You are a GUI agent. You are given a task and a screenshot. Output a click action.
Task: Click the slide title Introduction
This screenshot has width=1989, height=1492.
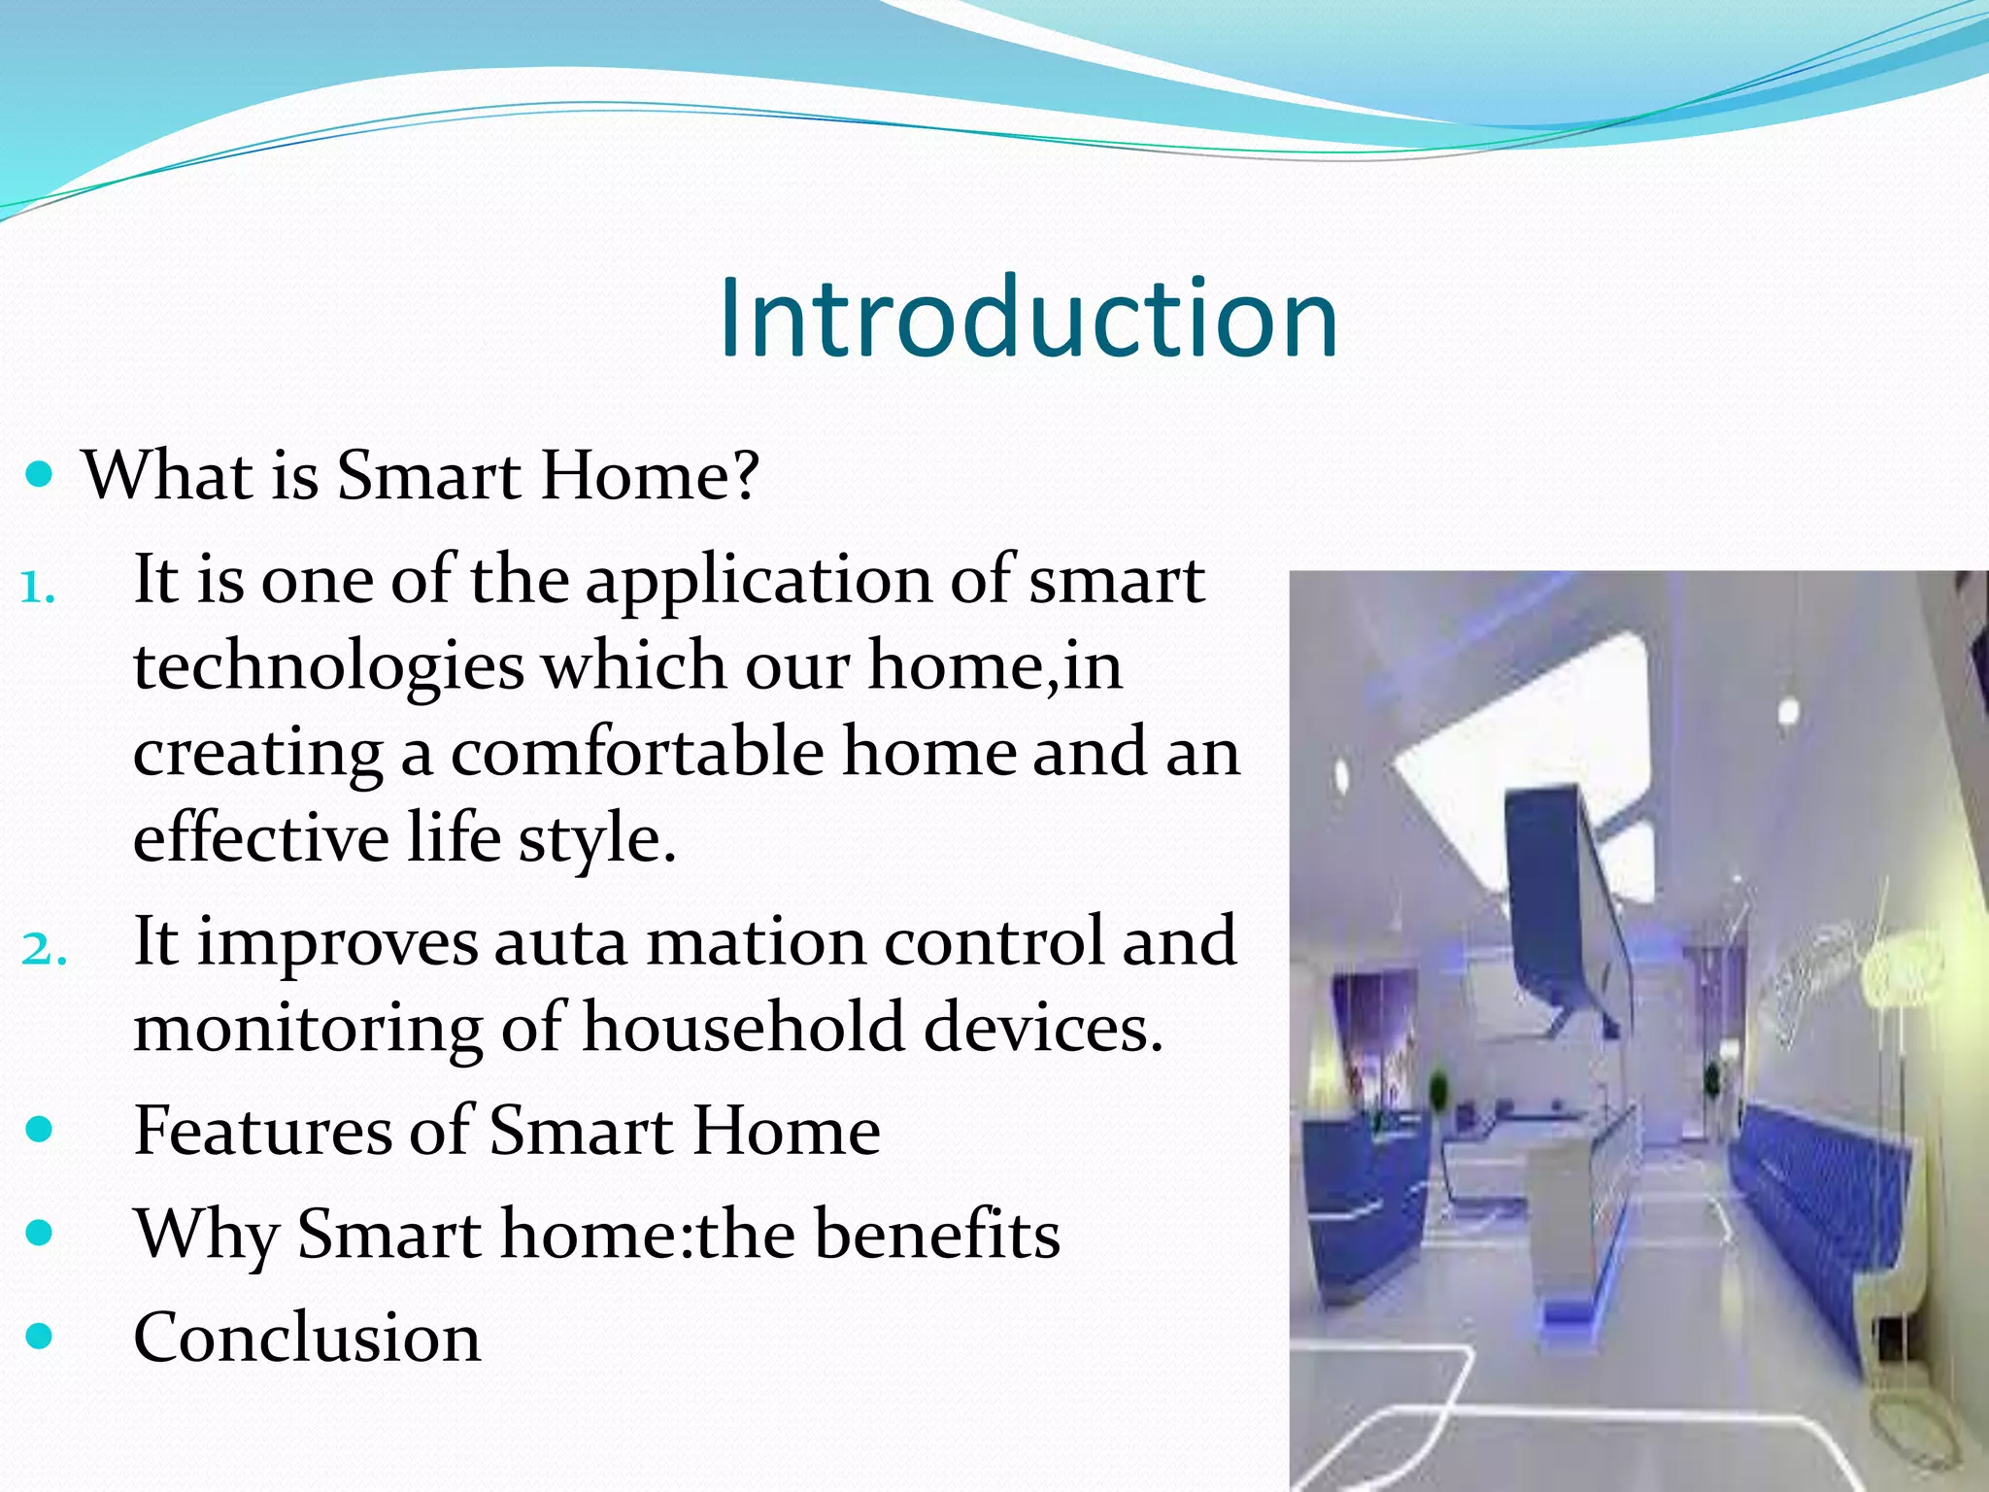coord(1028,319)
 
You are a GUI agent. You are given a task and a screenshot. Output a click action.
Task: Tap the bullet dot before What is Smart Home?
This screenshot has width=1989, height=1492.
coord(39,475)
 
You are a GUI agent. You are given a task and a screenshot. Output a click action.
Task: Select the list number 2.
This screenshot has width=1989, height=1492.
coord(43,949)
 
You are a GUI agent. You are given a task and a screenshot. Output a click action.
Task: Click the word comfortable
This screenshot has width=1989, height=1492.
coord(637,753)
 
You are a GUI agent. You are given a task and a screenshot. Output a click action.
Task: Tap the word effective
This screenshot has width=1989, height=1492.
coord(260,837)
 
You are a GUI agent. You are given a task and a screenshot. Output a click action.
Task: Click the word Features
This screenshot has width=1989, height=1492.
coord(262,1131)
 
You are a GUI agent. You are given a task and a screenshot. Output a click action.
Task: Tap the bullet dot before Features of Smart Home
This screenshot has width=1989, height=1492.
coord(39,1130)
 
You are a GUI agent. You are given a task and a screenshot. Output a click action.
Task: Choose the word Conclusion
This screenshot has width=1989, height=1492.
coord(307,1338)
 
